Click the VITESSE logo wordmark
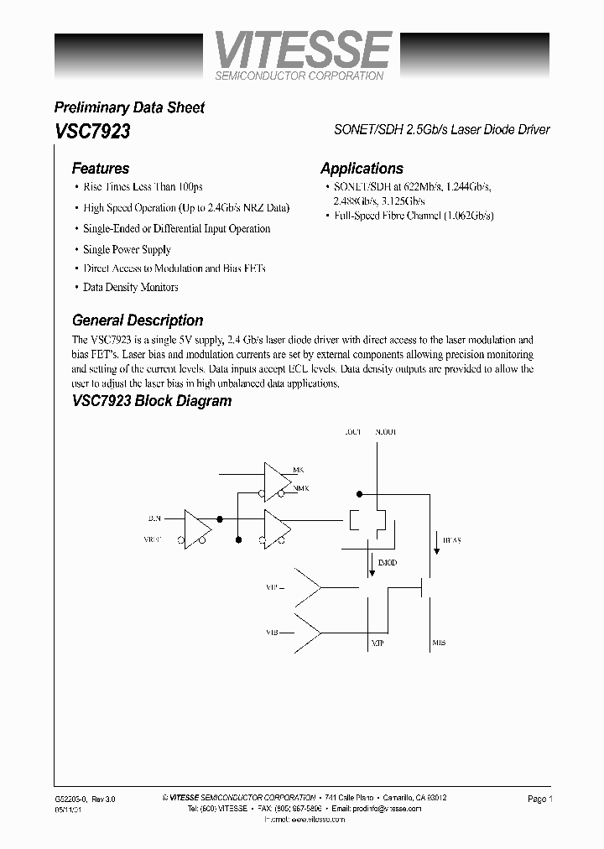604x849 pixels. point(302,50)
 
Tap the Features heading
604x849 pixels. point(100,169)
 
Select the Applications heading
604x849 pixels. point(362,169)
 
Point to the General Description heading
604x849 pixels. point(138,320)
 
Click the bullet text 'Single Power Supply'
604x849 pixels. point(127,249)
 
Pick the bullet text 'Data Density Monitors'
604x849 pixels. point(130,287)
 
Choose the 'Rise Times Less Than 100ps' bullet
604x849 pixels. point(143,187)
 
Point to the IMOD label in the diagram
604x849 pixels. point(387,562)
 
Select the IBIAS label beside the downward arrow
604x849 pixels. point(450,541)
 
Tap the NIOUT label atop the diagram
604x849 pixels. point(386,432)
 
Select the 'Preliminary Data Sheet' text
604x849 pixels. point(128,107)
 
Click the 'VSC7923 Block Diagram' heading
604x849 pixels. point(151,401)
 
